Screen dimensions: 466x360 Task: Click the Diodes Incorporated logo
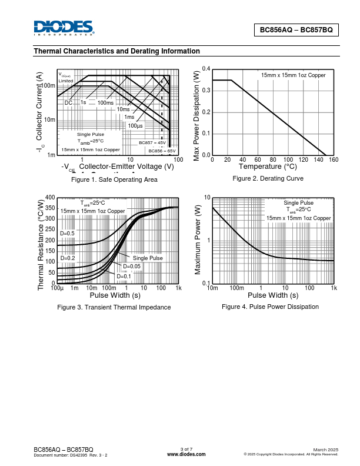(x=64, y=28)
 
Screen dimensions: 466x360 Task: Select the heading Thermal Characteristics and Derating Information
(x=117, y=51)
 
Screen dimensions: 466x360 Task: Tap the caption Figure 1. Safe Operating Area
(x=114, y=179)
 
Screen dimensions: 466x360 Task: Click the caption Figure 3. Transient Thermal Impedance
(x=114, y=307)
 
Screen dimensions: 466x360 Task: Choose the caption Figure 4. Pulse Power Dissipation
(x=270, y=307)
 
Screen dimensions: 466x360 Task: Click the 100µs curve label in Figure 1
(x=135, y=125)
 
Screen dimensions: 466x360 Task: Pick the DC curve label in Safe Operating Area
(x=68, y=103)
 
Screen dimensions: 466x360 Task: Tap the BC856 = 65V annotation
(x=162, y=151)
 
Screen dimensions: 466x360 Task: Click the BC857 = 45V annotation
(x=152, y=143)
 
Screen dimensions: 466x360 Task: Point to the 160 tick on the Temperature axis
(x=334, y=160)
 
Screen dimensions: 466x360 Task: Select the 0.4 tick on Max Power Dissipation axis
(x=206, y=69)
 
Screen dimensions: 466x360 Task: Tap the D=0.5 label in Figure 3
(x=68, y=233)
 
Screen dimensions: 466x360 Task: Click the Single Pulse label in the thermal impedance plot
(x=148, y=258)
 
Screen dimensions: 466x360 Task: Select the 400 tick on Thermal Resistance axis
(x=50, y=198)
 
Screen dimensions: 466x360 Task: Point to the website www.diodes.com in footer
(x=186, y=454)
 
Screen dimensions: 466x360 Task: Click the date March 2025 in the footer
(x=325, y=450)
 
